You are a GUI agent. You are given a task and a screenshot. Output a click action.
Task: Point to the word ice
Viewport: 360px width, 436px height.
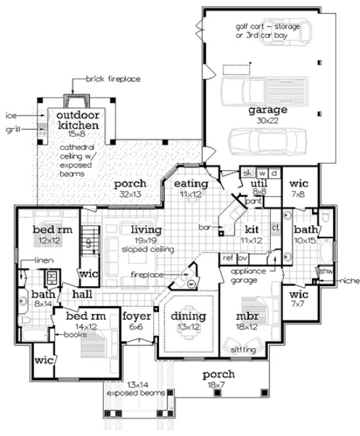tap(11, 116)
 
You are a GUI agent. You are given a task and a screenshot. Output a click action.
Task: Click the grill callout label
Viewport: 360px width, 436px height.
tap(13, 129)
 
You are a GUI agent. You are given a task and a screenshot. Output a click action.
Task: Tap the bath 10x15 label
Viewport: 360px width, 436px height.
tap(305, 234)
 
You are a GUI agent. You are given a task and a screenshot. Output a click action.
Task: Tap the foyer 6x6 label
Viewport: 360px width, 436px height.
tap(137, 320)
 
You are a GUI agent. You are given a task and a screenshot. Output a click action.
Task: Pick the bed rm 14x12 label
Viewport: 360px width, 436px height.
tap(81, 320)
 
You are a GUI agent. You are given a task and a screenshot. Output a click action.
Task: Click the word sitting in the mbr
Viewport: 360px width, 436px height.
tap(244, 350)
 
